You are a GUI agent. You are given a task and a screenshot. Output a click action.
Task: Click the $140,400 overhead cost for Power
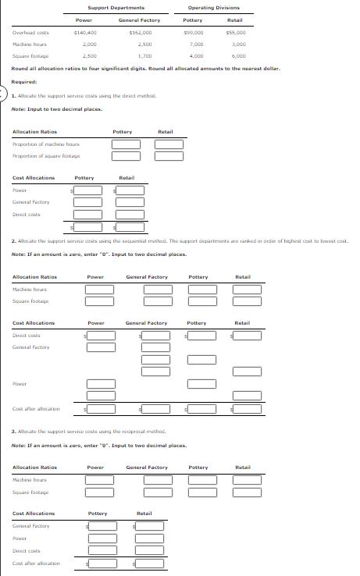84,33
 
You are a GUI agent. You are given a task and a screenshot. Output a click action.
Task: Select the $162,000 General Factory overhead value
140,33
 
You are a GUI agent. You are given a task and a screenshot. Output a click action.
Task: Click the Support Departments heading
109,7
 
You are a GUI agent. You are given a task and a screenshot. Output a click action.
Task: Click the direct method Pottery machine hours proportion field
126,144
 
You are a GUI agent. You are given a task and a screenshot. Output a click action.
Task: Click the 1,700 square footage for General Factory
144,56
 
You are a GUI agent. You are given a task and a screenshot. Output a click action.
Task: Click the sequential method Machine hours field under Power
99,290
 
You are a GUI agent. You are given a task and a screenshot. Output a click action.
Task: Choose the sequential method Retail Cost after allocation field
246,407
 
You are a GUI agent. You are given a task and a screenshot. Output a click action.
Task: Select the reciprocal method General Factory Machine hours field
157,480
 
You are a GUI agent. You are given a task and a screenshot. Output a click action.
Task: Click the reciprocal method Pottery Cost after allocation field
102,563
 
